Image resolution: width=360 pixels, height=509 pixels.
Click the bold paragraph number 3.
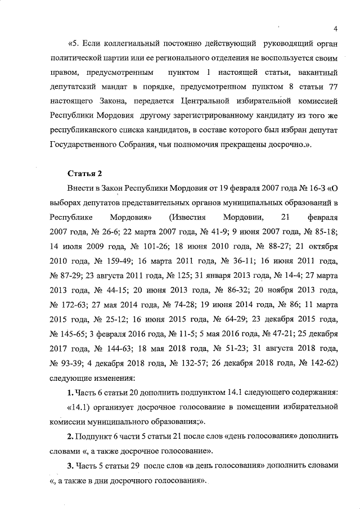70,466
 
